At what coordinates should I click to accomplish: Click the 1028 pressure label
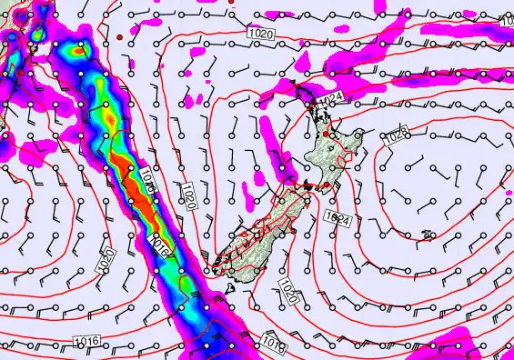[x=395, y=137]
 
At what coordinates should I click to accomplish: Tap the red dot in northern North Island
[x=327, y=133]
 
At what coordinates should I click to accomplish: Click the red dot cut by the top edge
[x=232, y=3]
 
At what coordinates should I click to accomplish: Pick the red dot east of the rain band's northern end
[x=118, y=36]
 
